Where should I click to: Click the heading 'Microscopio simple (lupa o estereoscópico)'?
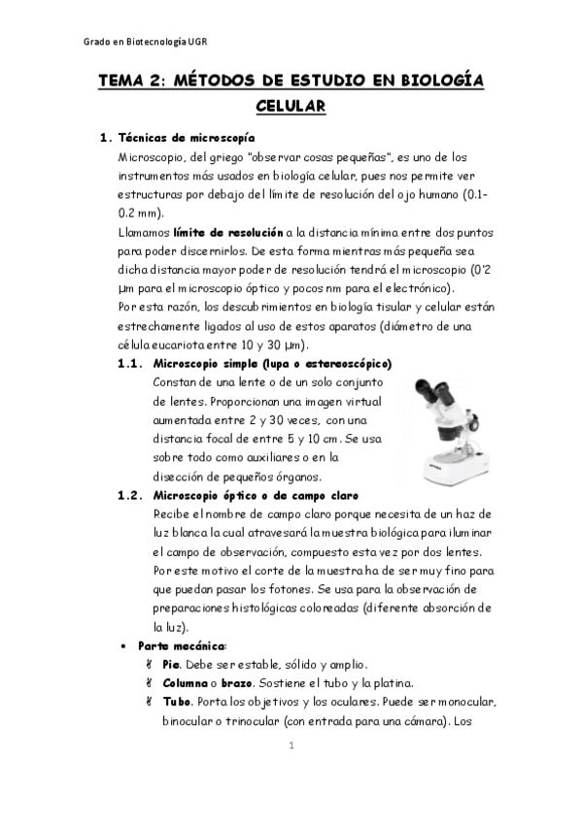pyautogui.click(x=272, y=364)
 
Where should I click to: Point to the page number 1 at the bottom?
pyautogui.click(x=291, y=745)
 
